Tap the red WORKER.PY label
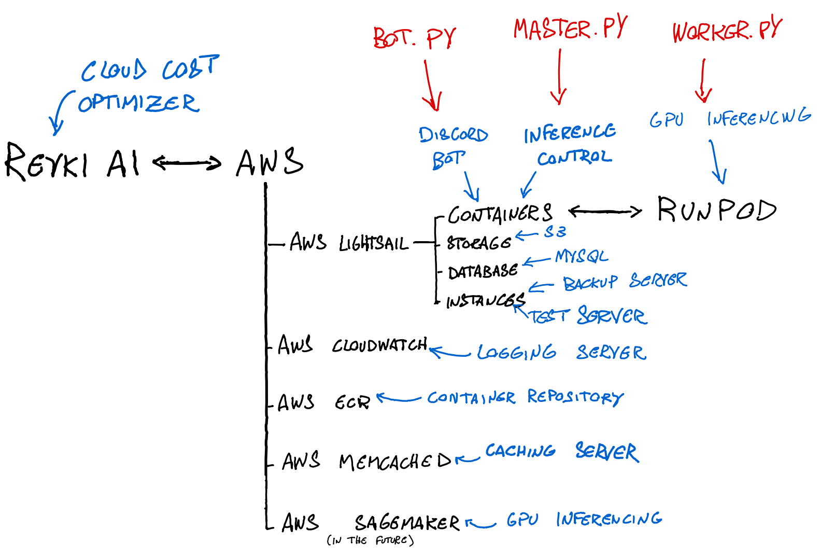[726, 30]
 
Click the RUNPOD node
[716, 210]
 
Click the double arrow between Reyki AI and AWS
[187, 163]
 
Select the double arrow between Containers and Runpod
[604, 211]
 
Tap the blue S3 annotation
[555, 232]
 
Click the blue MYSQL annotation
[581, 256]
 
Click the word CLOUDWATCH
[379, 345]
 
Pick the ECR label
[352, 402]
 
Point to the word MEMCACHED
[395, 461]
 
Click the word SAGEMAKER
[407, 522]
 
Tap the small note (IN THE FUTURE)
[370, 540]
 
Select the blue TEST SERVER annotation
[588, 316]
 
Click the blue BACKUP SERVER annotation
[625, 281]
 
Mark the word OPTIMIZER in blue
[138, 103]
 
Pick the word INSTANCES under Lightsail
[485, 300]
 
